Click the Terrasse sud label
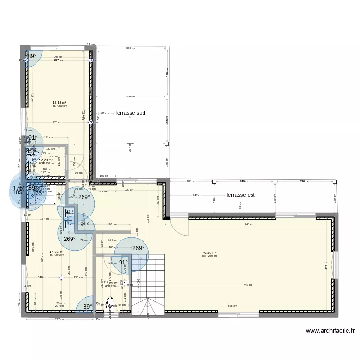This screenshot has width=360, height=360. [130, 113]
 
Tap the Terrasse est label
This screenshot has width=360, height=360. [253, 195]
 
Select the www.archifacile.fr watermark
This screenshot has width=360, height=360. [330, 331]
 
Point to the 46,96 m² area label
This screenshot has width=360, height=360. [209, 253]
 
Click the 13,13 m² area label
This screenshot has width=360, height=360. [60, 102]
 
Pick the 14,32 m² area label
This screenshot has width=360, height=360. [56, 252]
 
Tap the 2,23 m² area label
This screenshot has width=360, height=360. [47, 160]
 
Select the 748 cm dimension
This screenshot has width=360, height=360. [249, 224]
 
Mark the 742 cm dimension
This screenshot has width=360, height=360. [248, 285]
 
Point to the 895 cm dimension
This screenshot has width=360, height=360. [232, 306]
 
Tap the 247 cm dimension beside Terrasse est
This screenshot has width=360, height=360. [197, 195]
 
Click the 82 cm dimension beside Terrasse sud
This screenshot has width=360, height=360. [105, 113]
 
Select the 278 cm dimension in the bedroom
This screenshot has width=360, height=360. [57, 122]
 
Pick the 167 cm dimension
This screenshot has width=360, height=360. [44, 219]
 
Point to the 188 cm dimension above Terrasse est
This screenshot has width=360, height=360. [191, 181]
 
